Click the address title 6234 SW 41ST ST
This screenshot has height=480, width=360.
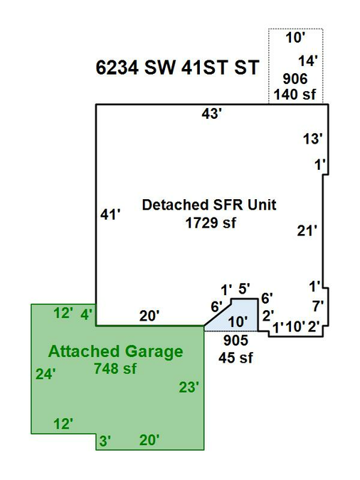[177, 68]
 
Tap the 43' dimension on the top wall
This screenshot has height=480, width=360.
[211, 114]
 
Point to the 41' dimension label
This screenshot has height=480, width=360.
[110, 214]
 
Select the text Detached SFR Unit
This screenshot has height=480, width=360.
[209, 205]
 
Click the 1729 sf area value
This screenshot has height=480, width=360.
[211, 223]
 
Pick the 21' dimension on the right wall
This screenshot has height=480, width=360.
[307, 230]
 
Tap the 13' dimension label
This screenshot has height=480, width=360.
[313, 139]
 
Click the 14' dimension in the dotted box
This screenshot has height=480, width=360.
[308, 61]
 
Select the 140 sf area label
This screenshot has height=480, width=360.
[295, 95]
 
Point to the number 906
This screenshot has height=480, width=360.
[295, 79]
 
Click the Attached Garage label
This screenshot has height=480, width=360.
[115, 351]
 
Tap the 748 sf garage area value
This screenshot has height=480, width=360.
[115, 368]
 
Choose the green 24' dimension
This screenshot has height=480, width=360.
[46, 374]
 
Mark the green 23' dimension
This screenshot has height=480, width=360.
[189, 388]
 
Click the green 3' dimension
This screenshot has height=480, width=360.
[105, 441]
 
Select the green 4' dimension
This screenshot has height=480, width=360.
[86, 314]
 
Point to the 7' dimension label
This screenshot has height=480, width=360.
[318, 306]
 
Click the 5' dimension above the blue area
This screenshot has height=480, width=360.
[244, 289]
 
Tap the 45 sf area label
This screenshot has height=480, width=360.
[235, 358]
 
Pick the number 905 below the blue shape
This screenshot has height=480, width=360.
[235, 341]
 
